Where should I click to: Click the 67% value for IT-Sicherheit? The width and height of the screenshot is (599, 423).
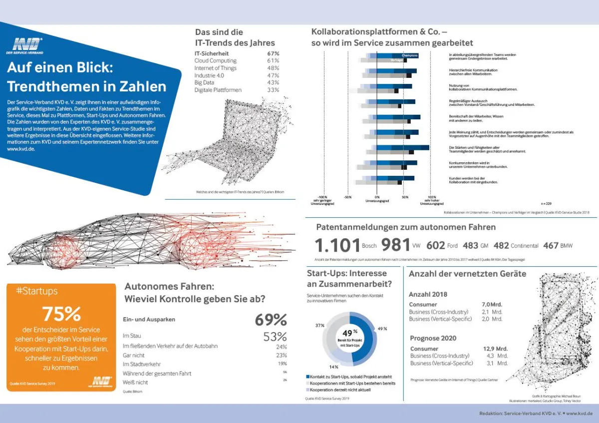(x=273, y=53)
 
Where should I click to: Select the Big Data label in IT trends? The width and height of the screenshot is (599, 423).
(x=205, y=82)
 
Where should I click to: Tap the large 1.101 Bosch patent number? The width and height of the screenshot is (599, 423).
(x=337, y=245)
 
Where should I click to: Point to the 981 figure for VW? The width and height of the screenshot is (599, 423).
(x=395, y=245)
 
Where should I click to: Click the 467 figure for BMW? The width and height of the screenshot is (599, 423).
(x=551, y=246)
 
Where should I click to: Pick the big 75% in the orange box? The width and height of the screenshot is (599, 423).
(x=61, y=314)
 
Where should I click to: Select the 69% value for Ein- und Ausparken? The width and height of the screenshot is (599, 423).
(x=271, y=320)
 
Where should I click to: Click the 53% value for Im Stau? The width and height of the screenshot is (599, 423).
(x=275, y=337)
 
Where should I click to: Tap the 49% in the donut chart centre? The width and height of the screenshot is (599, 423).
(x=347, y=333)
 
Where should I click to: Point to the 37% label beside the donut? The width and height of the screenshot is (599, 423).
(x=320, y=326)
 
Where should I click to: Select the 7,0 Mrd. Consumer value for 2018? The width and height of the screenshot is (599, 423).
(x=492, y=305)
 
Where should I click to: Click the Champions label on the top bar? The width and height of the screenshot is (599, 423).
(x=410, y=55)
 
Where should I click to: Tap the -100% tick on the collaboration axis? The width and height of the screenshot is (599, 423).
(x=322, y=197)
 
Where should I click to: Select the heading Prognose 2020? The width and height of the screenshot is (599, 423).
(x=433, y=338)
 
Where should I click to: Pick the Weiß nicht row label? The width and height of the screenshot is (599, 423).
(x=135, y=382)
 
